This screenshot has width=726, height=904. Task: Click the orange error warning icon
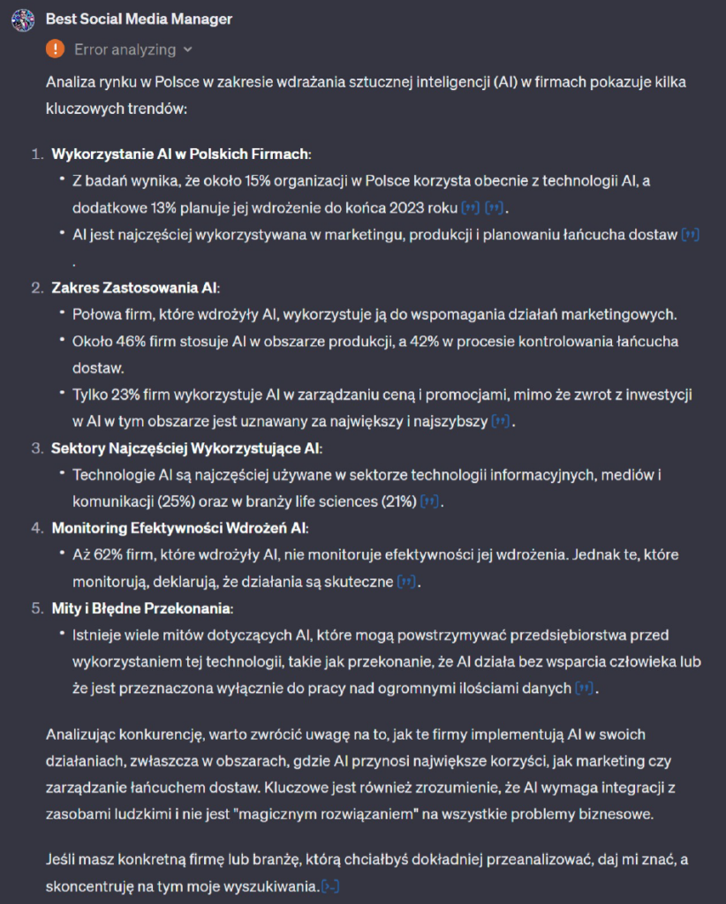click(x=56, y=49)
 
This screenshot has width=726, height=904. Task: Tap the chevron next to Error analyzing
click(x=188, y=50)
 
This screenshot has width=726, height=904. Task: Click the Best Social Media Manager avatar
click(x=20, y=19)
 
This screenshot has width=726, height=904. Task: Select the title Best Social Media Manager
click(x=139, y=19)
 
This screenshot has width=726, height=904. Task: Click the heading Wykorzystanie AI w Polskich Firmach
click(x=181, y=154)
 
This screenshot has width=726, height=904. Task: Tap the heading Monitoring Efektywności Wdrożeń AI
click(x=180, y=528)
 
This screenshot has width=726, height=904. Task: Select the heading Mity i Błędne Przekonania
click(x=142, y=608)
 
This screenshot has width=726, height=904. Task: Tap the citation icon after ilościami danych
click(x=584, y=689)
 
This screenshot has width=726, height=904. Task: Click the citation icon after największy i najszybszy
click(x=501, y=422)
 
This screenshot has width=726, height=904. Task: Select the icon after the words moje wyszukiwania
click(x=331, y=885)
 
